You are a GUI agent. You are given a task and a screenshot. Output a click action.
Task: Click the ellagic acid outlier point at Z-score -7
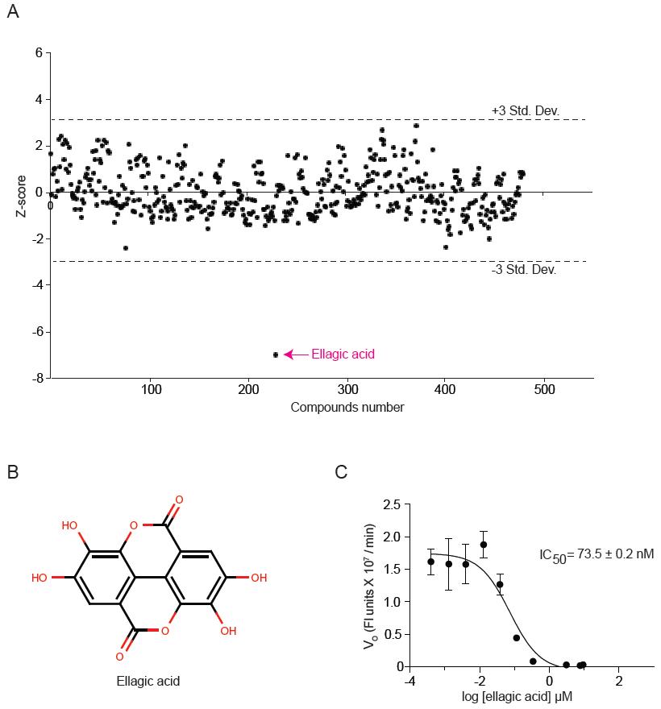click(x=276, y=354)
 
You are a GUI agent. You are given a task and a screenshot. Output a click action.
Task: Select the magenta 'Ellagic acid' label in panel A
click(x=344, y=354)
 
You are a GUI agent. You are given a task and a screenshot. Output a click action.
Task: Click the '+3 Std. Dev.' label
click(x=525, y=110)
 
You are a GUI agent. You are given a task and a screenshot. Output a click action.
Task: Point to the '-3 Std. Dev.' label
click(x=523, y=270)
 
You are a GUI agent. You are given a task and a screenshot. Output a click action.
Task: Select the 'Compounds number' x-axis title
click(x=347, y=407)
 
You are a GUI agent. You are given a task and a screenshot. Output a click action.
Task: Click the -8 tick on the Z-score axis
click(x=37, y=377)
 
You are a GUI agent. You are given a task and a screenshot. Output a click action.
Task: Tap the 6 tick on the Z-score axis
click(x=38, y=53)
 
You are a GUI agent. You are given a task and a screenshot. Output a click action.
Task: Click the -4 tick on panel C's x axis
click(x=409, y=681)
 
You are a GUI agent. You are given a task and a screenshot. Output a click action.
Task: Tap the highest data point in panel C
click(x=484, y=545)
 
